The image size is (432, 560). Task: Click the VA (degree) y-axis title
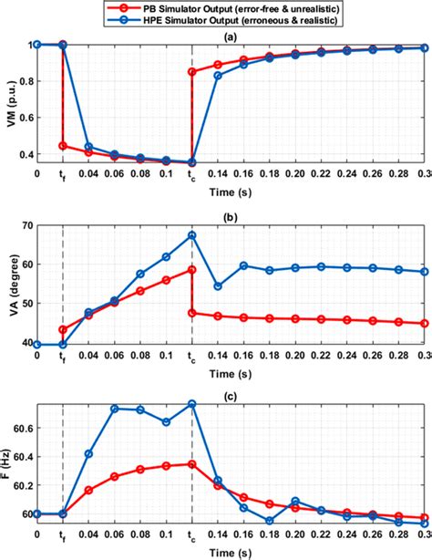[9, 284]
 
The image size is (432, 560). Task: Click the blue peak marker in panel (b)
[192, 235]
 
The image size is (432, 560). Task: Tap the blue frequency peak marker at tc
[192, 403]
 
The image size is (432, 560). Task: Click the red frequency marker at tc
[192, 464]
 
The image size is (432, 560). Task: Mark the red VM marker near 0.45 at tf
[63, 146]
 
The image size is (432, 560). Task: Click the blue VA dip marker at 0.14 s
[218, 286]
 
